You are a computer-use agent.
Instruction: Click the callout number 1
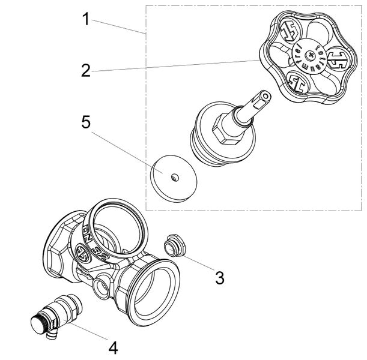[x=86, y=19]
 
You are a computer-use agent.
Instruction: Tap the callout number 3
[x=220, y=278]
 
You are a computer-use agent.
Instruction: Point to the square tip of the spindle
[x=262, y=97]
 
